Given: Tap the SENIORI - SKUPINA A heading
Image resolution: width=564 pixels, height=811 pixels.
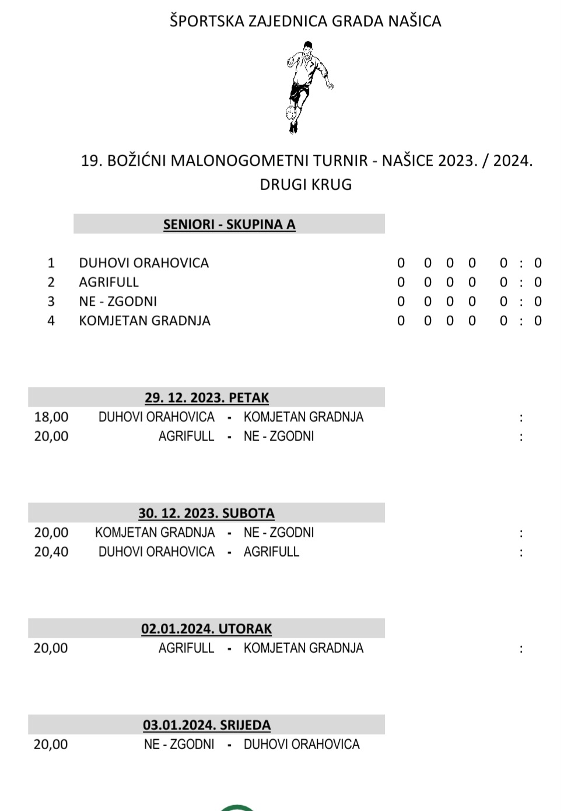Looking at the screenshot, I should coord(229,225).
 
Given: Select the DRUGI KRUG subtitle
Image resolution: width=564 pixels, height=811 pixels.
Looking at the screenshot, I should coord(306,184).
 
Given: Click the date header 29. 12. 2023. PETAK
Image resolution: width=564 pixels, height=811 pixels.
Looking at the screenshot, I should coord(206,398).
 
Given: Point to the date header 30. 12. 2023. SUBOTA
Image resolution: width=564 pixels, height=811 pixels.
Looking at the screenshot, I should coord(206,513).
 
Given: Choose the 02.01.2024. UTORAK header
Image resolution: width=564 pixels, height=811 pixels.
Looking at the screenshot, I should coord(206,629).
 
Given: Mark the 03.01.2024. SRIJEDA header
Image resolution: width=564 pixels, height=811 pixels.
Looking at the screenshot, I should coord(206,725).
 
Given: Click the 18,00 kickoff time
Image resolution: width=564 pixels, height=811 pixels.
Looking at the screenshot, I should coord(51,417).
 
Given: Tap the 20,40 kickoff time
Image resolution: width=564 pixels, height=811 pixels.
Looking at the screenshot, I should coord(51,552).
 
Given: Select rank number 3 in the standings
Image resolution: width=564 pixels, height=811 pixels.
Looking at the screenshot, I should coord(51,302).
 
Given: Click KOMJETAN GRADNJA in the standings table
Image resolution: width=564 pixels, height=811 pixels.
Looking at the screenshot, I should coord(145,321).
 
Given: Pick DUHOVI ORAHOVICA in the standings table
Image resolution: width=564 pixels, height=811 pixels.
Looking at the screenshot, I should coord(143,263).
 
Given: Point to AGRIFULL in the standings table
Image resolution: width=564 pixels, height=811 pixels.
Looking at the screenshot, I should coord(109,282).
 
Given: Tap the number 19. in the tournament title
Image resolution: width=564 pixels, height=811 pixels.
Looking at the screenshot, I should coord(92,160).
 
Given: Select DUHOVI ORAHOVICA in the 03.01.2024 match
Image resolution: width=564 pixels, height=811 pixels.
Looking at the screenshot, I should coord(302,744).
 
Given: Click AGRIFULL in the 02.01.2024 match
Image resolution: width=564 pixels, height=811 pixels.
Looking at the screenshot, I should coord(186,648).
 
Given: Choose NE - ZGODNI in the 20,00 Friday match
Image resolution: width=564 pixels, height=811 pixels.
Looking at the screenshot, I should coord(279,436).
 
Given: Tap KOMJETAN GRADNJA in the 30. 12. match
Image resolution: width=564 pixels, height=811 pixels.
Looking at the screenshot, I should coord(155,533).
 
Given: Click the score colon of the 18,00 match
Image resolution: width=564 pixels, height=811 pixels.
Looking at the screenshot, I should coord(521,418).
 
